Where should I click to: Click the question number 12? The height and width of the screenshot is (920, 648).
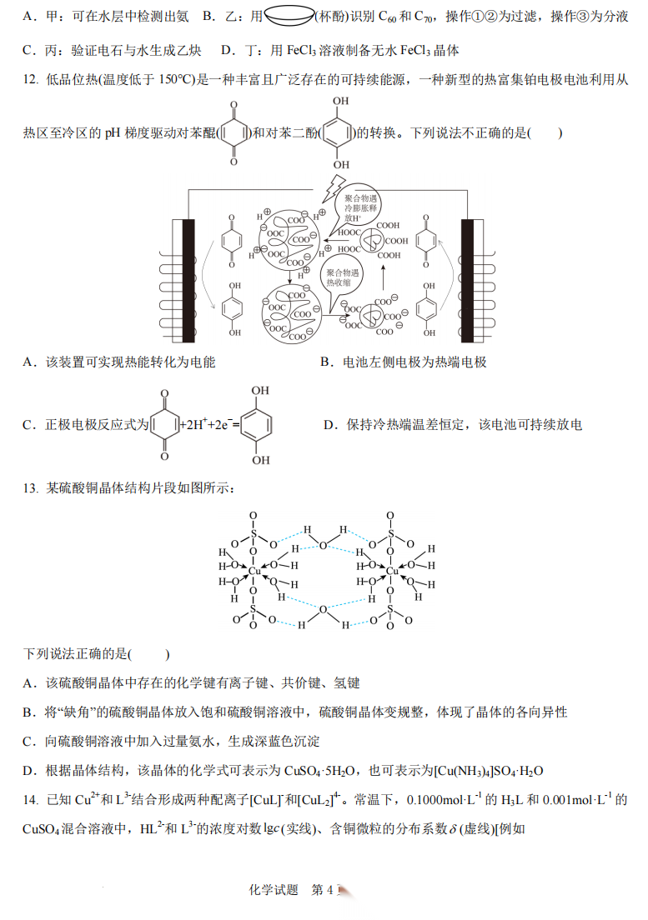coord(30,79)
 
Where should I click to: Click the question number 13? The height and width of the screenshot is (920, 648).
coord(30,488)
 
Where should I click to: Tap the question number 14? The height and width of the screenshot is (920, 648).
coord(30,800)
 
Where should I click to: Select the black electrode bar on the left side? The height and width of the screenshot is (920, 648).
coord(188,281)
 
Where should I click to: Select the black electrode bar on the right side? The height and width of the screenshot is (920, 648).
coord(467,281)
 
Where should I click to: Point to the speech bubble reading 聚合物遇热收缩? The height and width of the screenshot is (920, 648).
coord(342,277)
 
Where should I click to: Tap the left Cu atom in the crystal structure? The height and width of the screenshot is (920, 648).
coord(254,571)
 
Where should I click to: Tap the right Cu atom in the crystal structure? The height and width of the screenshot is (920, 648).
coord(391,571)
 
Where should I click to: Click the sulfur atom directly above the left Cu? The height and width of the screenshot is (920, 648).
coord(254,534)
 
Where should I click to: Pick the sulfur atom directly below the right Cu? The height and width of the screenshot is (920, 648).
coord(390,610)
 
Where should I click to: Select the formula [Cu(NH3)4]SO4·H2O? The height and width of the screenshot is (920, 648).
coord(489,770)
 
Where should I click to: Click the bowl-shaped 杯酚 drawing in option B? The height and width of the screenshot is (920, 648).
coord(289,16)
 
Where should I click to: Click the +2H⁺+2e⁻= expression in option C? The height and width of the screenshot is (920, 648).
coord(210,425)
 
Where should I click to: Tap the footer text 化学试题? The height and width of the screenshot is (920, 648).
coord(274,889)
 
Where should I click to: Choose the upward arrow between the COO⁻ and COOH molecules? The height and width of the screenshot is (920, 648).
coord(384,277)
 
